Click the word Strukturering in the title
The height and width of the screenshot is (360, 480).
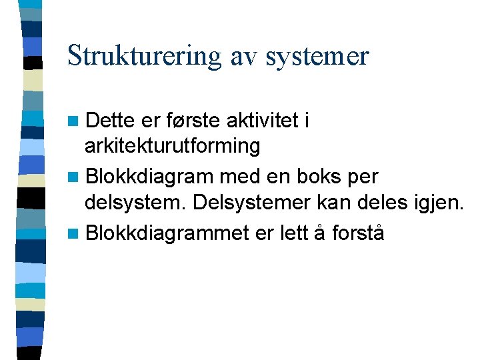click(x=143, y=55)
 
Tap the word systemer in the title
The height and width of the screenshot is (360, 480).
click(x=317, y=55)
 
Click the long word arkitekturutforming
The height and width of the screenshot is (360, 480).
click(x=173, y=145)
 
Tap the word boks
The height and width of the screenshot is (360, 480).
click(x=319, y=177)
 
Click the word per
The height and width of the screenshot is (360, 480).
click(x=364, y=178)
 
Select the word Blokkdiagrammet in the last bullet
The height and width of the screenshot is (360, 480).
click(x=168, y=233)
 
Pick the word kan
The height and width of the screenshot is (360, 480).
click(x=335, y=201)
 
